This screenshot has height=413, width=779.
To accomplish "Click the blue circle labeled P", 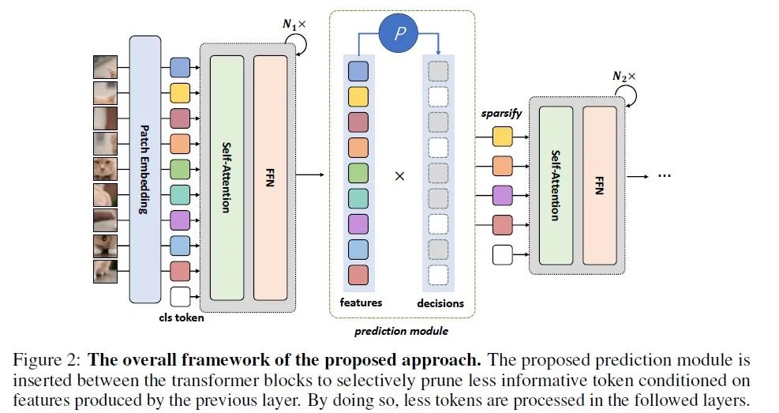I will tap(399, 35).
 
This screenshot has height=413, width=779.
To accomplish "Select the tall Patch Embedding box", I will tap(144, 169).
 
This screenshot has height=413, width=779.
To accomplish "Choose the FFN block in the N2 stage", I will tap(599, 185).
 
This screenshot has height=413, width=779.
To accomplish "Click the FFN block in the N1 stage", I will tap(270, 178).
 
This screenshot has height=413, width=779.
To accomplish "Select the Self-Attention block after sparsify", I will tap(555, 185).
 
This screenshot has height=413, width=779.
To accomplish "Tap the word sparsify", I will tap(502, 113).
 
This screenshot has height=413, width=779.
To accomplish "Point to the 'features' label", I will tap(361, 302).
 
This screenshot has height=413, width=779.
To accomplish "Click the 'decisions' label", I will tap(440, 303).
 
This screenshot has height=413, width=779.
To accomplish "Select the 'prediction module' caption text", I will tap(401, 331).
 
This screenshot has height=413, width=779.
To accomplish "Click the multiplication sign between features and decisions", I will tap(399, 176).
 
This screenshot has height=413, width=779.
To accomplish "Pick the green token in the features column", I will tap(358, 173).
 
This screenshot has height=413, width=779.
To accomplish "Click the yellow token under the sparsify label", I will tap(502, 137).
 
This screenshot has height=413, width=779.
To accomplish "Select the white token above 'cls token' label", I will tap(180, 297).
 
